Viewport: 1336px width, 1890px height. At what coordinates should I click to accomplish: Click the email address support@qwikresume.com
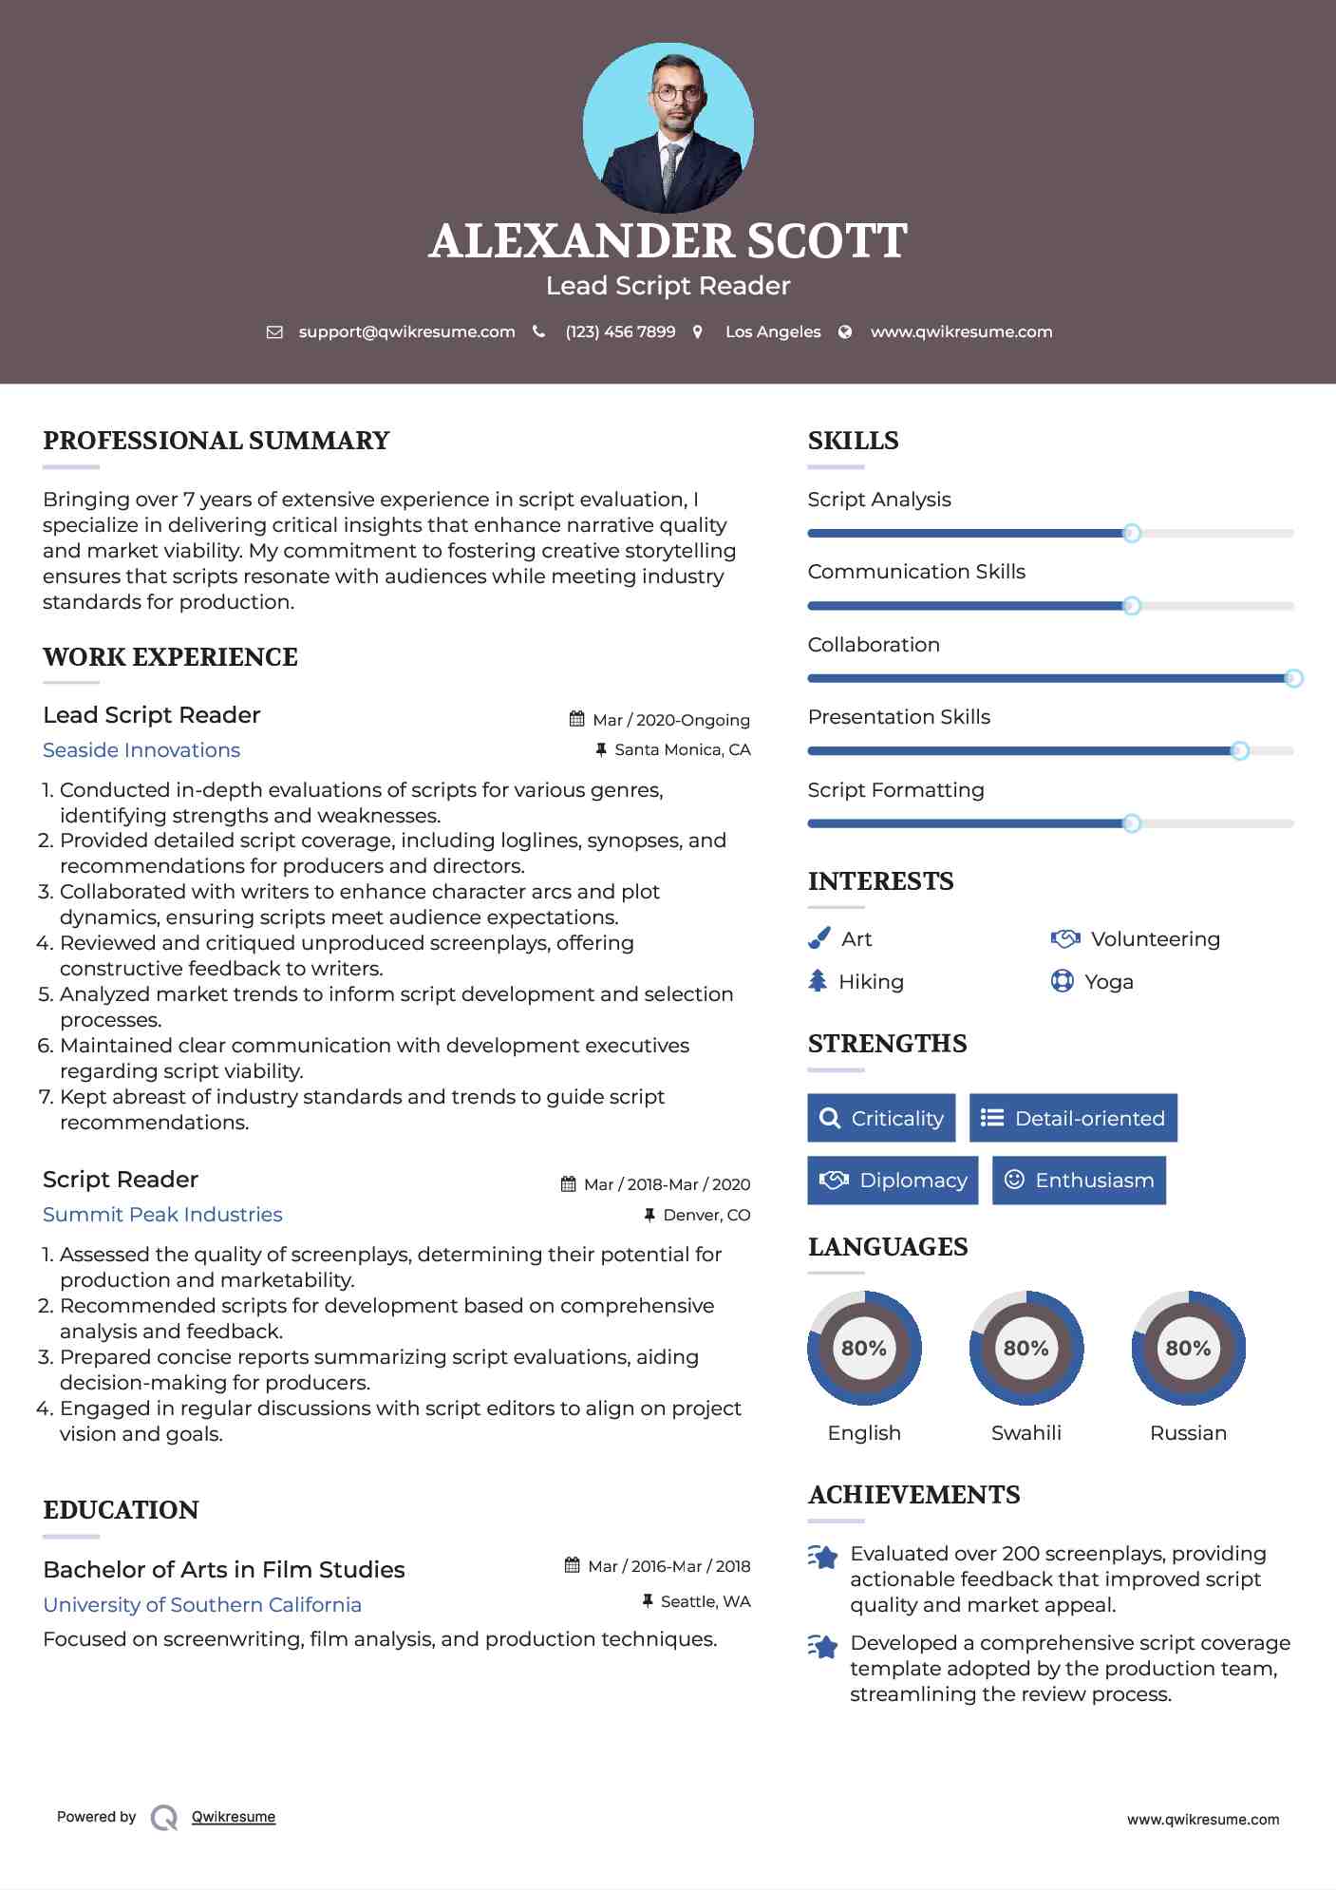(406, 332)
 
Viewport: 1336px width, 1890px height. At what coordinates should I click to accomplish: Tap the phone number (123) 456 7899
(620, 332)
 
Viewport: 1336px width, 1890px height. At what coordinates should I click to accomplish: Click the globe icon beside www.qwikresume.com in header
(845, 332)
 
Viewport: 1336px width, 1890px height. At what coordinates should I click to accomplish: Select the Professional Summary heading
(216, 441)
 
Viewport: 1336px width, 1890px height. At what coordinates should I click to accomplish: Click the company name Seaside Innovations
(141, 750)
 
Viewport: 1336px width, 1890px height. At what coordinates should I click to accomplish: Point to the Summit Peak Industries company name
(162, 1215)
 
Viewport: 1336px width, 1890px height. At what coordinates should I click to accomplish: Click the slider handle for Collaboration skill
(1293, 678)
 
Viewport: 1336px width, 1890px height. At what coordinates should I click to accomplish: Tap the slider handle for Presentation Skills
(1239, 751)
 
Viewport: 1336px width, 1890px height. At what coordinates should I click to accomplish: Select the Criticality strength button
(881, 1118)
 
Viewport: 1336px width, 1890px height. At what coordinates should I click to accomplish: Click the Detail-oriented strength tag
(1073, 1118)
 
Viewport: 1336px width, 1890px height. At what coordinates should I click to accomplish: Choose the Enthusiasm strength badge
(1079, 1181)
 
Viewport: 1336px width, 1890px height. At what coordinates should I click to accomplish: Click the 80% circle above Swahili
(1026, 1348)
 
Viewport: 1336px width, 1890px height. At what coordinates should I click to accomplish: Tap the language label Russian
(1188, 1433)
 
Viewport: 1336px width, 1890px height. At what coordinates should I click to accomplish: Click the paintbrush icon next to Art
(819, 939)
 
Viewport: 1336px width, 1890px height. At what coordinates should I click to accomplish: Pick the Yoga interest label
(1109, 982)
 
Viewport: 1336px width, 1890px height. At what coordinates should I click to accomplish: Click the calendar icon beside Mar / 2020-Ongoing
(576, 719)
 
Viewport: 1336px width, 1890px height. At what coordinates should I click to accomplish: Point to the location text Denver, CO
(706, 1215)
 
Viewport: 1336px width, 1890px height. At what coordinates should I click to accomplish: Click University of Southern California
(202, 1605)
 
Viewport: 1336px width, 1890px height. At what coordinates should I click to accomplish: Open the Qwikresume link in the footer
(234, 1817)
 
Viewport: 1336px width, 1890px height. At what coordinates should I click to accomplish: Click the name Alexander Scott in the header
(668, 241)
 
